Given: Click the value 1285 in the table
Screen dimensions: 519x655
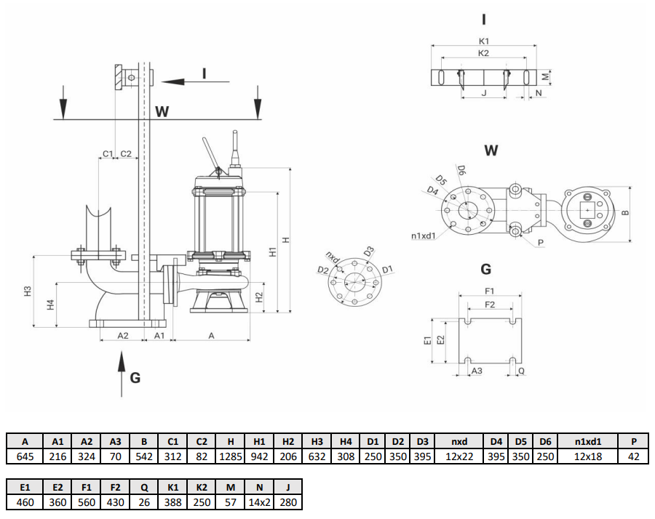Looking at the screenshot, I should click(231, 456).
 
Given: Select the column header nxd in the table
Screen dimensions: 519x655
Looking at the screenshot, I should click(459, 441).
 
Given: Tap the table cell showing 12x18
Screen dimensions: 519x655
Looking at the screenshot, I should click(588, 456).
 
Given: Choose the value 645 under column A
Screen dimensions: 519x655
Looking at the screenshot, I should click(25, 456).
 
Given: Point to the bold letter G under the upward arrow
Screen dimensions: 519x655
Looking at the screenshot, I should click(135, 377).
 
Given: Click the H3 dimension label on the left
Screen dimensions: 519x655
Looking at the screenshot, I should click(28, 291).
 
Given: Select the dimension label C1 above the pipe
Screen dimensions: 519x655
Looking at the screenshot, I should click(107, 153).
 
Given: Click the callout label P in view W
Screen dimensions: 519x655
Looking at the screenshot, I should click(541, 241).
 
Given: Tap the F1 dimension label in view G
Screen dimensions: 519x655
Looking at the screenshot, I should click(489, 291).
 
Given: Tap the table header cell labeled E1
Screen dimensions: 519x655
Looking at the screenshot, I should click(25, 486).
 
